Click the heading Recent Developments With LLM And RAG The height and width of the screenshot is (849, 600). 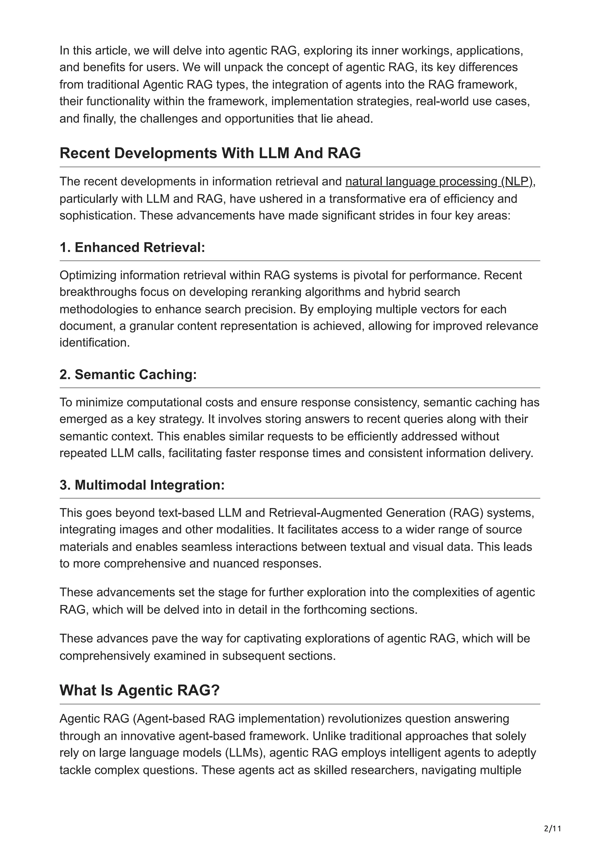210,153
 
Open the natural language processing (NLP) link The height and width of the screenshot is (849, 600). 439,182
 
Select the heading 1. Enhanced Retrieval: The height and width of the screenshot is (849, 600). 132,247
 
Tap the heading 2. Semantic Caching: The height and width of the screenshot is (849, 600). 128,375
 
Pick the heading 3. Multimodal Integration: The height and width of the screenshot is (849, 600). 142,485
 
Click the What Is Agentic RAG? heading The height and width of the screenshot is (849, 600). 139,691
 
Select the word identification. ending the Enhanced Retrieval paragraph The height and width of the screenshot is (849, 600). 95,343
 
